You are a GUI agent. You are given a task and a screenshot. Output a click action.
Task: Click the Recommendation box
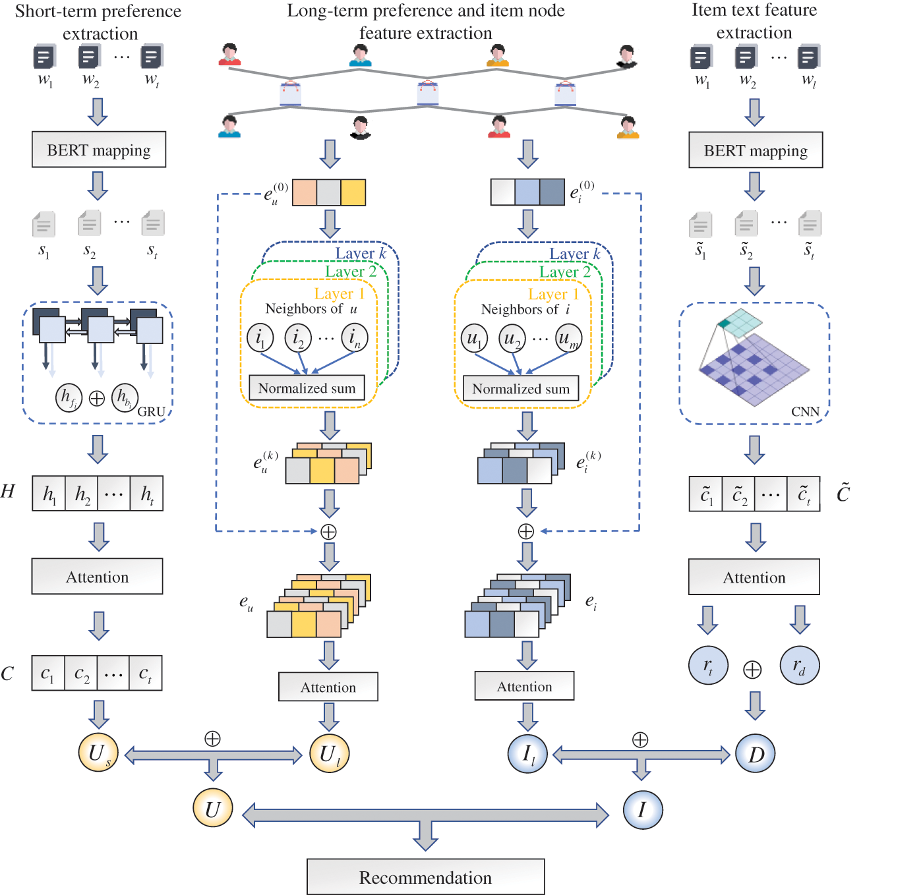(425, 877)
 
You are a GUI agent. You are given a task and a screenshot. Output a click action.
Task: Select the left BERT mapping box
(99, 150)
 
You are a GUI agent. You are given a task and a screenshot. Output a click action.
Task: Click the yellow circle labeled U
(212, 808)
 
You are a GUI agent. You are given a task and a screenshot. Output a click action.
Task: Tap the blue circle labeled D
(755, 753)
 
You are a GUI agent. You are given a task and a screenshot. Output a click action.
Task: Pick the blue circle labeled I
(642, 809)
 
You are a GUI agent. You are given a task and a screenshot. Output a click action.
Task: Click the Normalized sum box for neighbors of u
(307, 388)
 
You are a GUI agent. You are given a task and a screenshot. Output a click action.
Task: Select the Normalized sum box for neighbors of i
(521, 389)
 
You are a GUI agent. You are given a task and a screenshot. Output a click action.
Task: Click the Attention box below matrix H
(98, 577)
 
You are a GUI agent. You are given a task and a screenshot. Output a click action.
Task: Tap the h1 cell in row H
(49, 494)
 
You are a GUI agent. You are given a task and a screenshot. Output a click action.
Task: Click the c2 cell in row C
(81, 674)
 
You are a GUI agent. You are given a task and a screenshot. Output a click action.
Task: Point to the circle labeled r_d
(799, 666)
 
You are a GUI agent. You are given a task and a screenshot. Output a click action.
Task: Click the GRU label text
(151, 411)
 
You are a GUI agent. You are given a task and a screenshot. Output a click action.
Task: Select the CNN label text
(805, 411)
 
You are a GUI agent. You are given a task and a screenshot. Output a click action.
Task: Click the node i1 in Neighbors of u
(260, 337)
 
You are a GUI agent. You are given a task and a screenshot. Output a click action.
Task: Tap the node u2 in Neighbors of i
(512, 338)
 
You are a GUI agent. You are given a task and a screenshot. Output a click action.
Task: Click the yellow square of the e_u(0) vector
(353, 192)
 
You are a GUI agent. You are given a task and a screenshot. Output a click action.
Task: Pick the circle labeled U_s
(98, 753)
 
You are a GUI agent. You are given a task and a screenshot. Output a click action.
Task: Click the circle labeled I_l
(527, 753)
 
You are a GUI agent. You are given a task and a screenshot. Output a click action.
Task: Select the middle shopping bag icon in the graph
(428, 94)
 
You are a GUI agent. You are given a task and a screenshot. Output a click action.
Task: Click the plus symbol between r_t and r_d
(752, 670)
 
